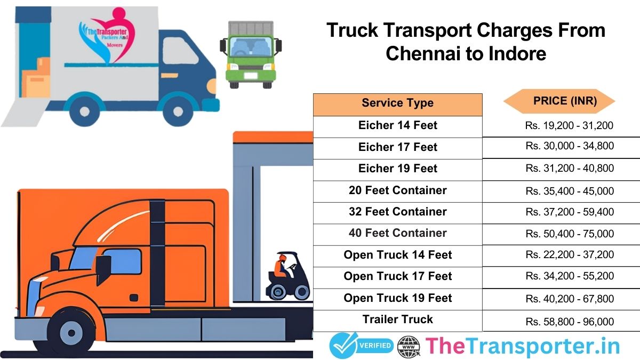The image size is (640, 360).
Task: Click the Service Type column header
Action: [x=397, y=103]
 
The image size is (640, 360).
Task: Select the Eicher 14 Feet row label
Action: [x=397, y=125]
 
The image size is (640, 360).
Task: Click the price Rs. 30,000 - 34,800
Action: [x=570, y=146]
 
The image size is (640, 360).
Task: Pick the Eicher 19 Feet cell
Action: [x=397, y=169]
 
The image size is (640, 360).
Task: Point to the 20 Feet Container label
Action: [x=397, y=190]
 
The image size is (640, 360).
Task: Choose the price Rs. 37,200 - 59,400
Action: [x=570, y=212]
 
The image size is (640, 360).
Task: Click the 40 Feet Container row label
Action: [x=397, y=233]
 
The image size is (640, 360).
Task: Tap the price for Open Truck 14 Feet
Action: [x=570, y=255]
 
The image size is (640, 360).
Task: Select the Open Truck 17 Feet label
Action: [x=397, y=276]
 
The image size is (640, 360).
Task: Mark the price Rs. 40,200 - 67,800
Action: [x=570, y=299]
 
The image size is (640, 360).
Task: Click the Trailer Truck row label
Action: [x=397, y=319]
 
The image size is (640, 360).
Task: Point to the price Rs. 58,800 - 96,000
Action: [x=570, y=322]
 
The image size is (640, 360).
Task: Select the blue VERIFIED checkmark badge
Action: [x=361, y=346]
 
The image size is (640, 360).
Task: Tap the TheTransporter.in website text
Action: [x=523, y=346]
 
